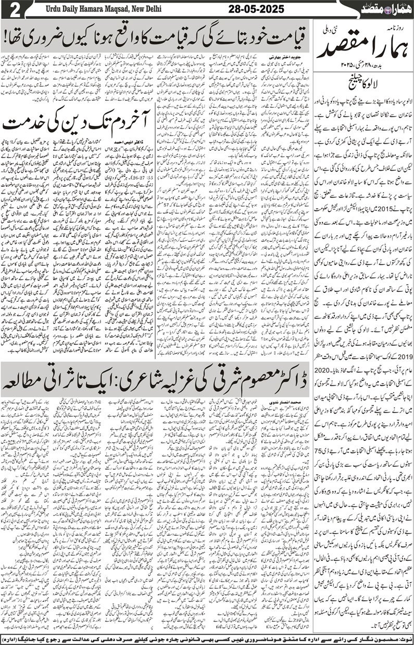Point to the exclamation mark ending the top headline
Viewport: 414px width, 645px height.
pyautogui.click(x=7, y=37)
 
